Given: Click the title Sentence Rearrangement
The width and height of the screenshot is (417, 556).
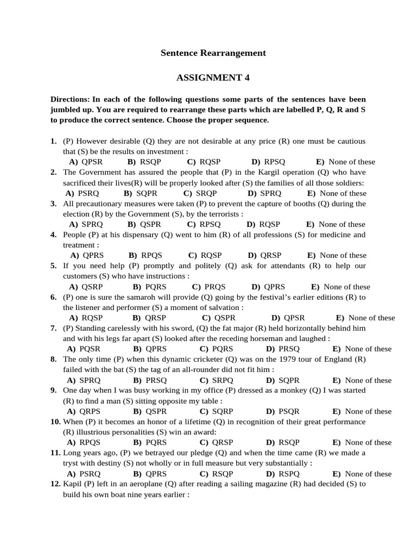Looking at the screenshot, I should click(213, 53).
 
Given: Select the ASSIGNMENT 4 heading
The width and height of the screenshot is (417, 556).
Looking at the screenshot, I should click(213, 78).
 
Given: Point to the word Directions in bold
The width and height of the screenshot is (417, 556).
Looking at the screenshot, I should click(69, 99).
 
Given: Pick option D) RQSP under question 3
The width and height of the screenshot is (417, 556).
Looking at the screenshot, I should click(263, 224).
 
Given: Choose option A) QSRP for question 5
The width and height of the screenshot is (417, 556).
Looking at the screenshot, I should click(86, 287).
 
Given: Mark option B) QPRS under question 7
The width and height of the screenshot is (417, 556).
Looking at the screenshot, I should click(150, 349).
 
